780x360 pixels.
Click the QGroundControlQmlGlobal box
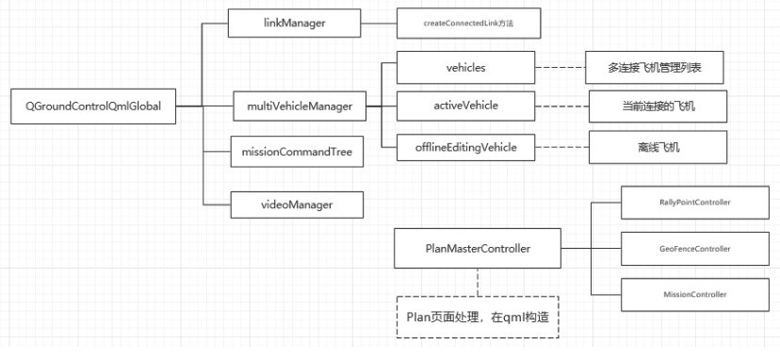click(93, 106)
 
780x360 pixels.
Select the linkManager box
click(294, 22)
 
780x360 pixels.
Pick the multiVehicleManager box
click(300, 106)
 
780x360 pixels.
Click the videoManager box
click(296, 201)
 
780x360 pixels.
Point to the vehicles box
click(465, 68)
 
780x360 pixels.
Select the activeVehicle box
click(465, 106)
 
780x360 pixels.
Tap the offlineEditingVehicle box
click(465, 146)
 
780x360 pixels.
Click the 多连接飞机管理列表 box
click(656, 69)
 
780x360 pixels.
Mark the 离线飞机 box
click(658, 148)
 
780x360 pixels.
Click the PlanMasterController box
click(478, 249)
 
